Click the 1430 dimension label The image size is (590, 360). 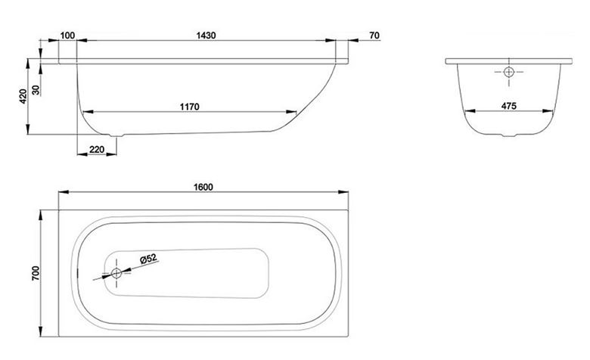[x=206, y=36]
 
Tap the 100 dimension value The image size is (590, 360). [x=67, y=36]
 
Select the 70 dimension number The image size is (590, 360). [x=374, y=36]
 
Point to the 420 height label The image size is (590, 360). [x=23, y=97]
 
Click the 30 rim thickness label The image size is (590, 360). [x=36, y=90]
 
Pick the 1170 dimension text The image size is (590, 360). [x=190, y=107]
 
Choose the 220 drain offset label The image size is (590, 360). [x=97, y=149]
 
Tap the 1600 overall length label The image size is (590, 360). [x=203, y=187]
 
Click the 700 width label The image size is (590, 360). [x=36, y=274]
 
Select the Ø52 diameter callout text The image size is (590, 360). [x=147, y=259]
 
